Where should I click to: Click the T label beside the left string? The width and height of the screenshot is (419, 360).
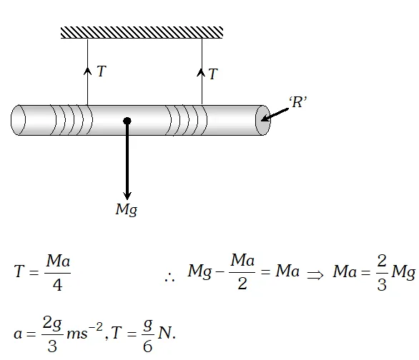pos(102,71)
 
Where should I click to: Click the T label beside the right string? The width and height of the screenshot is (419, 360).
pos(213,74)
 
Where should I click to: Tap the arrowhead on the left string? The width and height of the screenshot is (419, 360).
pos(87,71)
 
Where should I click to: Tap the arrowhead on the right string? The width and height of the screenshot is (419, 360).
pos(202,72)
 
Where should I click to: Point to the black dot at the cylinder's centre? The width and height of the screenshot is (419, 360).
pos(127,121)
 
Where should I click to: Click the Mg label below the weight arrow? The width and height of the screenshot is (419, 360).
pos(127,209)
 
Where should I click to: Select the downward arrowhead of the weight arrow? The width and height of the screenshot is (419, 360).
pos(127,195)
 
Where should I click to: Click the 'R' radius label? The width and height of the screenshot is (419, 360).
pos(297,102)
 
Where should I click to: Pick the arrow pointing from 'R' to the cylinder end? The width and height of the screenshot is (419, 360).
pos(275,115)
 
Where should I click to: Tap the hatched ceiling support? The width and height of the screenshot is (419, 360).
pos(142,33)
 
